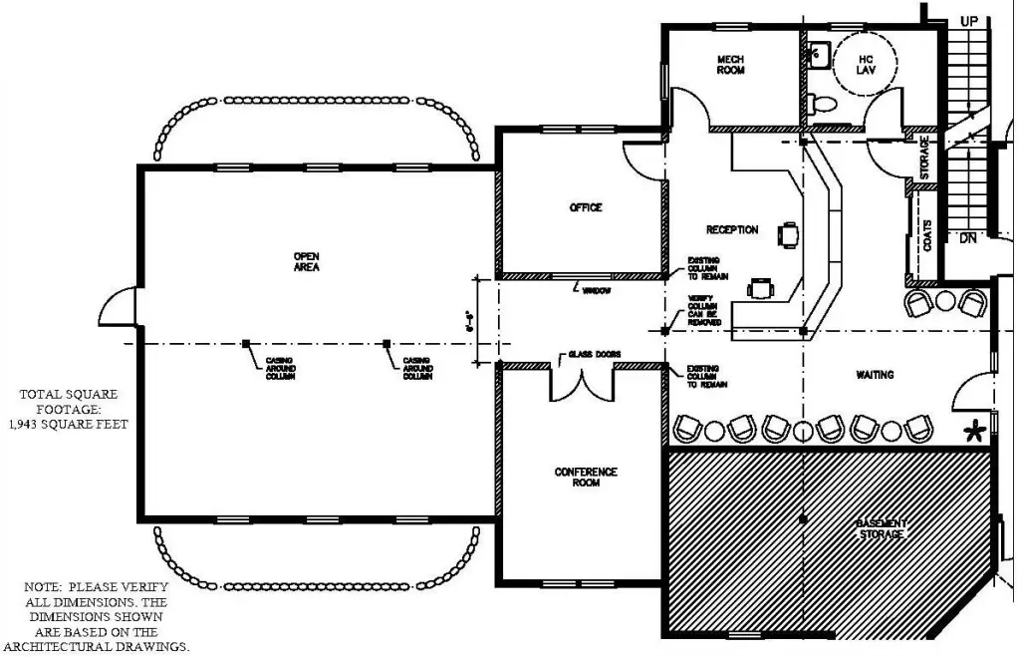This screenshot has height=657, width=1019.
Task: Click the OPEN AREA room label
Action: tap(307, 262)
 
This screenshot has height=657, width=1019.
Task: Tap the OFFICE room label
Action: tap(586, 207)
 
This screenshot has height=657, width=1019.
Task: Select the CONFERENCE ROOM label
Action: tap(586, 478)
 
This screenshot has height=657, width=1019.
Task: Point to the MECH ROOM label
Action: tap(731, 65)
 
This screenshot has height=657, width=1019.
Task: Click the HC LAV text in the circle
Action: tap(866, 65)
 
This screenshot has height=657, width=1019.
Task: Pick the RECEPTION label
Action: tap(732, 230)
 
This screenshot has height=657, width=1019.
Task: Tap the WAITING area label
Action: tap(875, 375)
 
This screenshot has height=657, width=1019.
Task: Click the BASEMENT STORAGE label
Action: tap(882, 529)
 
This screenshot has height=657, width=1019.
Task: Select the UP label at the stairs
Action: tap(968, 21)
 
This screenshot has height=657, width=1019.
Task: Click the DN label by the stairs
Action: tap(967, 239)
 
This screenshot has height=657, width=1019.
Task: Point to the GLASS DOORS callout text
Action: tap(589, 355)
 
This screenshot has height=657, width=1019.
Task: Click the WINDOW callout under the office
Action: tap(596, 290)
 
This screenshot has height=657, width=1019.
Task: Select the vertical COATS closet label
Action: tap(927, 235)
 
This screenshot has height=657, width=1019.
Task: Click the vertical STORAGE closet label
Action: tap(925, 157)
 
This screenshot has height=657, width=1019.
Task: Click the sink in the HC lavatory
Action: tap(817, 53)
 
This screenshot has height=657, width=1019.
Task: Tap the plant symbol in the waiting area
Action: tap(974, 431)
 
